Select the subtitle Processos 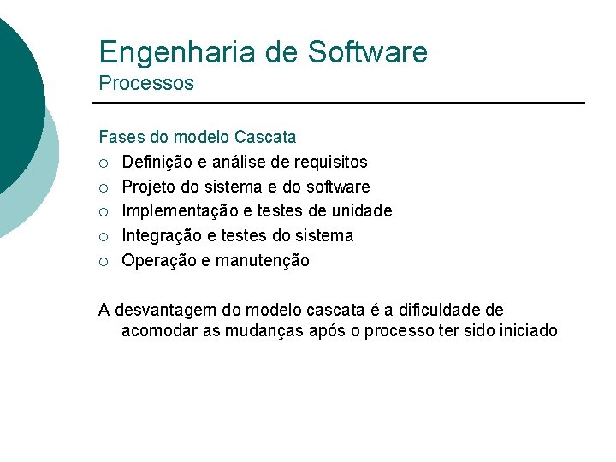(146, 84)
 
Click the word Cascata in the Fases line (265, 137)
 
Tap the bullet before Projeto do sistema (104, 187)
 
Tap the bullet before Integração (104, 236)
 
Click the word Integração (161, 236)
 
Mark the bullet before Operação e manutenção (104, 261)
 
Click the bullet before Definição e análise (104, 163)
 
